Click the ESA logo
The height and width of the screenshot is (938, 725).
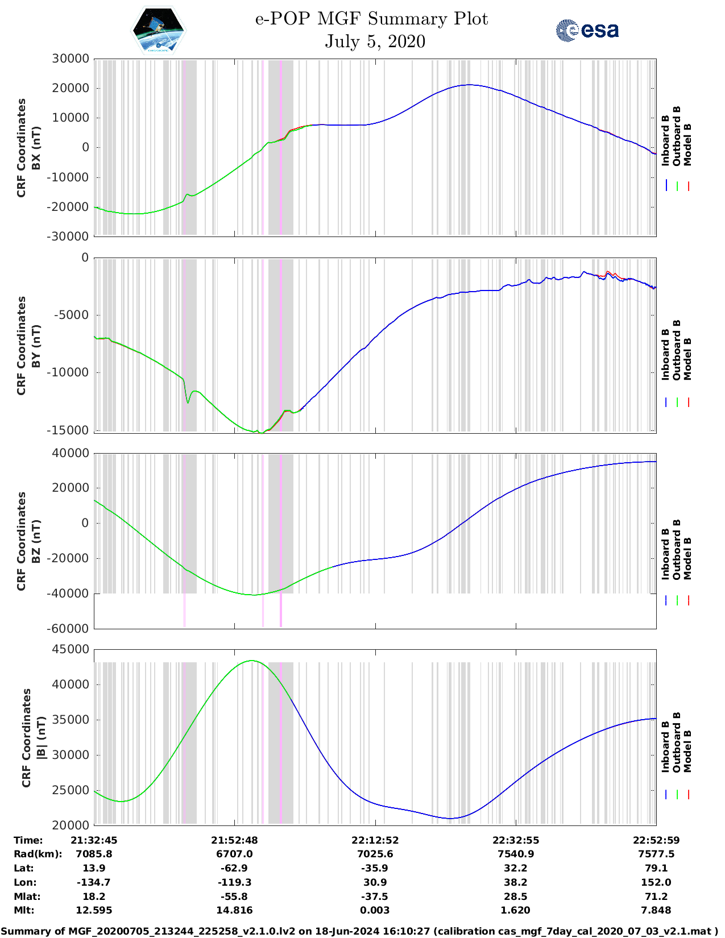click(x=587, y=30)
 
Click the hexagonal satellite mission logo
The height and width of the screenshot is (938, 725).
click(x=159, y=30)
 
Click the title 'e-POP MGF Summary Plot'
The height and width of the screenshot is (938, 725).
click(x=371, y=19)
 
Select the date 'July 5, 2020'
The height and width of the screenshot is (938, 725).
click(x=375, y=41)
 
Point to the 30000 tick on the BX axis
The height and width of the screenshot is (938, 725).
click(x=71, y=59)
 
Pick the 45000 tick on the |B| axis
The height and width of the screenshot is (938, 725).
click(x=71, y=649)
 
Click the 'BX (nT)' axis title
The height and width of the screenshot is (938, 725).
click(x=36, y=148)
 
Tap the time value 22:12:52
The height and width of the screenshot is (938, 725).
click(x=375, y=840)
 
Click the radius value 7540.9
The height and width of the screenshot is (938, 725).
click(x=515, y=854)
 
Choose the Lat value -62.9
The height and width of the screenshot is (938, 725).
click(x=234, y=868)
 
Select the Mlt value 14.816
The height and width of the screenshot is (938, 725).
click(x=234, y=910)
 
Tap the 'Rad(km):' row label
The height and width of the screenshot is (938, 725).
click(x=38, y=854)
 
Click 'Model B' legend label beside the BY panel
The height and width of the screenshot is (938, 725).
click(x=687, y=359)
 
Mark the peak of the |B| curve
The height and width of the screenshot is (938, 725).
click(x=252, y=661)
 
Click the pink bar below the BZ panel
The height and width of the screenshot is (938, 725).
click(x=281, y=611)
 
